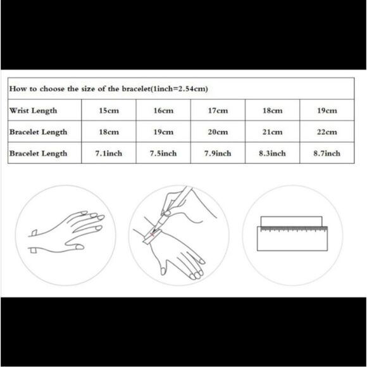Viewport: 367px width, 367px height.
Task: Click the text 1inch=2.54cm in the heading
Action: (x=180, y=89)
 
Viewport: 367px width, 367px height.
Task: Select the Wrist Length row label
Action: (x=34, y=111)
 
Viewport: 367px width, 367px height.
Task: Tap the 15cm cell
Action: (x=109, y=111)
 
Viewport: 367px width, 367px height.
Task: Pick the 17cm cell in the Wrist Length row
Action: (x=218, y=111)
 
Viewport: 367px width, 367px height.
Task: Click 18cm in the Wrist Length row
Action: (x=273, y=111)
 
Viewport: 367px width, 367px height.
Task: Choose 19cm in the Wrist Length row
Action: (x=327, y=111)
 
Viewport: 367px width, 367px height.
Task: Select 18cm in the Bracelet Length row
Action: (x=109, y=132)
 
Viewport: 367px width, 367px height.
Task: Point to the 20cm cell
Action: (x=218, y=132)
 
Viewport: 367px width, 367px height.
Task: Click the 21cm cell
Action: (x=273, y=132)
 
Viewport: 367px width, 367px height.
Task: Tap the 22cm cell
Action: (x=327, y=132)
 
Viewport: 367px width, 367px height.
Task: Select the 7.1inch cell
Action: (x=109, y=154)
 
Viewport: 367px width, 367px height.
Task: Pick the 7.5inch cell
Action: (x=163, y=154)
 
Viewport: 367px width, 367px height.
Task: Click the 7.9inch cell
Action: (x=218, y=154)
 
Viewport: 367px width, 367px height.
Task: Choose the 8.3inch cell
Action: (x=273, y=154)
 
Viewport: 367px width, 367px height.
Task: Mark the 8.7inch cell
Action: (x=327, y=154)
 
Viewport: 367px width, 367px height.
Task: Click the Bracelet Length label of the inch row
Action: (x=39, y=154)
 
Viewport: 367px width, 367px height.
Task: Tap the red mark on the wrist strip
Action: (x=152, y=234)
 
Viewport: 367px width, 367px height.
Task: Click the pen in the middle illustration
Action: (x=172, y=209)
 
